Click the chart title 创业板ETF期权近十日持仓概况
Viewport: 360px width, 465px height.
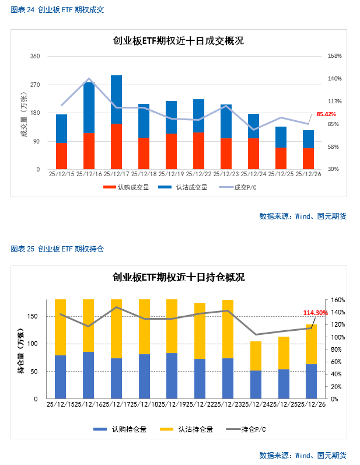point(179,277)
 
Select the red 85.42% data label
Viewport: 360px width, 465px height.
point(326,114)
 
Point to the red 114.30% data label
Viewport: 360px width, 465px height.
point(316,313)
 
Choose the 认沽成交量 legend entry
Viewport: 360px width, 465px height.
point(183,188)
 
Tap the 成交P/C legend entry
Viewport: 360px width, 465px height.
point(237,188)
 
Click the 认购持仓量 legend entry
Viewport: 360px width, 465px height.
point(120,429)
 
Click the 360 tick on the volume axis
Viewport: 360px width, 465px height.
point(35,57)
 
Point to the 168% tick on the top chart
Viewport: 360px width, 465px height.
point(334,57)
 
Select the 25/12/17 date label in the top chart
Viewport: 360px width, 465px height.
point(116,174)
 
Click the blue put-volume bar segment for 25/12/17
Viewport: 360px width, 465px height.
point(116,99)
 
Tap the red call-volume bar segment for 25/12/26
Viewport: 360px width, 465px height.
point(308,159)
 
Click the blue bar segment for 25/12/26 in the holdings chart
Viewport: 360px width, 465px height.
point(311,382)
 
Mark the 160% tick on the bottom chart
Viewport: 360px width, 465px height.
point(338,300)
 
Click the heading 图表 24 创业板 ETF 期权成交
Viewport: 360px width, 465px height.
point(57,10)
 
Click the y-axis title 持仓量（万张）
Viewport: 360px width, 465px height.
point(22,349)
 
